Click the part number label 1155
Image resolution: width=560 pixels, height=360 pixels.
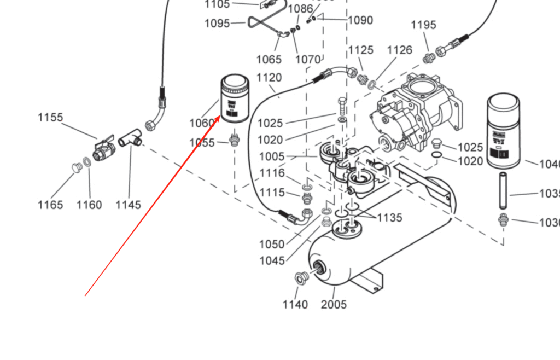(x=50, y=118)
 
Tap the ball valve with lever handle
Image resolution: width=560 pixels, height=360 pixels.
(x=103, y=150)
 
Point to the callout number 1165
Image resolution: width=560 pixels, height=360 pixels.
(x=50, y=205)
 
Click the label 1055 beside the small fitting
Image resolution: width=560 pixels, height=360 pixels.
(x=202, y=143)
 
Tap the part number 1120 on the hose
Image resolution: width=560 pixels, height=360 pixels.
(x=269, y=78)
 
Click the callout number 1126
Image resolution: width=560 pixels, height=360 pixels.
(x=399, y=50)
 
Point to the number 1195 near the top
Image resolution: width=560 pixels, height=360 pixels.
(x=423, y=25)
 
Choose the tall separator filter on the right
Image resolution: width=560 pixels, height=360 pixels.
(x=504, y=131)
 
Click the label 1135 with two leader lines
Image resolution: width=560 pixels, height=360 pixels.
(x=389, y=218)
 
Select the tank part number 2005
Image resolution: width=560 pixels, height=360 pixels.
(x=334, y=305)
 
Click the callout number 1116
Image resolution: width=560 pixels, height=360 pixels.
(x=272, y=173)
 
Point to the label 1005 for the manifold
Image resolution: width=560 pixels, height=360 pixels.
(x=272, y=156)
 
